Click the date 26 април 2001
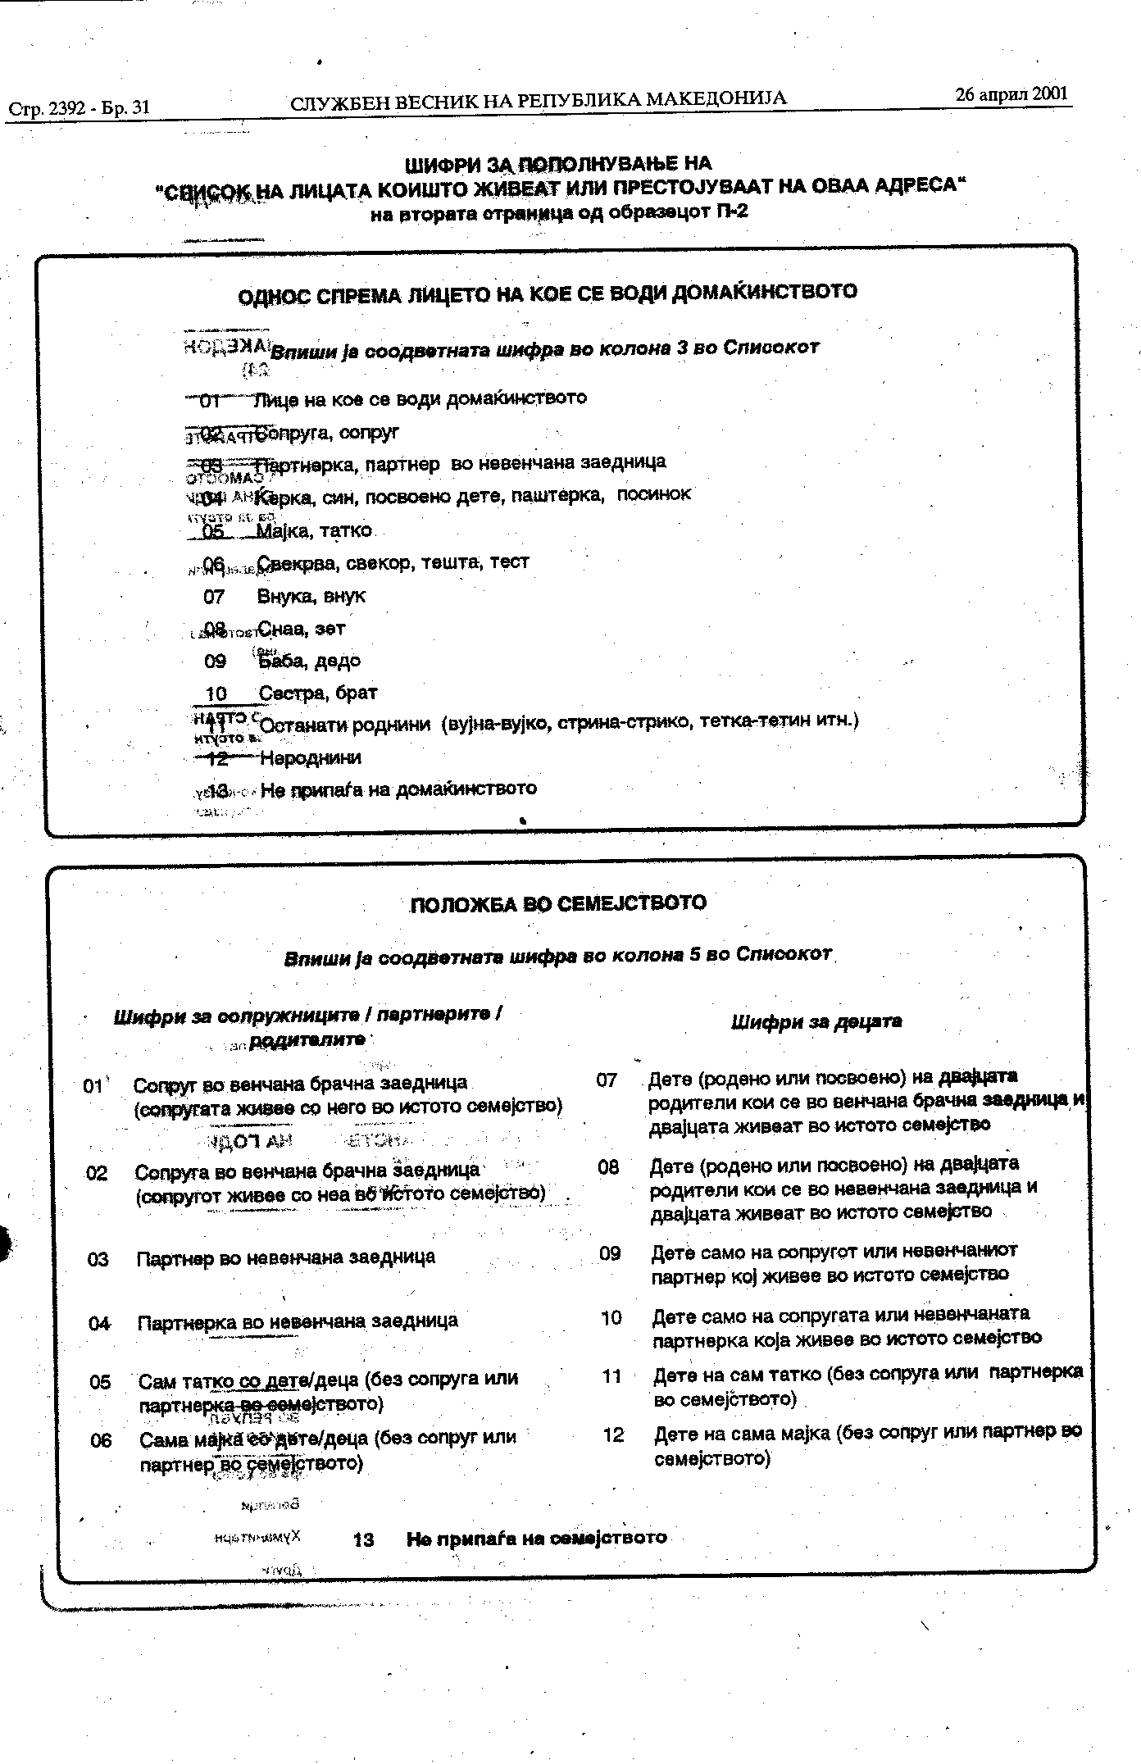coord(1012,93)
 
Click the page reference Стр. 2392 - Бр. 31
coord(80,107)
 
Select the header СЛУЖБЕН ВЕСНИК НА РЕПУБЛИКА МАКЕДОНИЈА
coord(538,99)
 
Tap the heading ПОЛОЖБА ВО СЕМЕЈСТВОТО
coord(557,903)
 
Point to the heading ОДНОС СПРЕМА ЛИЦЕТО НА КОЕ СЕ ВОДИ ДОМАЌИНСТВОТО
coord(547,293)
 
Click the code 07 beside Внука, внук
coord(214,597)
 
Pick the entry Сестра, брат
coord(318,693)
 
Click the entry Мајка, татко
coord(315,531)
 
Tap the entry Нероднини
coord(311,758)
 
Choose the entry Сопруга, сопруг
coord(327,432)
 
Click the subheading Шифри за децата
coord(816,1021)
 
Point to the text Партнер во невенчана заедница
coord(285,1257)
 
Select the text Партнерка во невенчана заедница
coord(298,1322)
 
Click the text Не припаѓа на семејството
coord(537,1538)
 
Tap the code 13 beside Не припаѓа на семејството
coord(363,1539)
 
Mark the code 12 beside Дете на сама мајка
coord(613,1435)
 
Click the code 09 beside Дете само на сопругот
coord(610,1253)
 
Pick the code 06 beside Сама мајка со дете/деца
coord(101,1440)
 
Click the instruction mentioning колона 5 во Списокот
coord(557,956)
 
